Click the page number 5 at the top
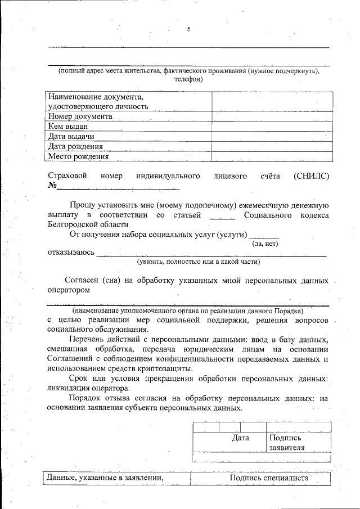click(188, 29)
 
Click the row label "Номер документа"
click(80, 116)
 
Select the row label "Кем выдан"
click(68, 127)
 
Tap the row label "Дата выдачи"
click(71, 137)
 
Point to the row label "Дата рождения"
click(75, 147)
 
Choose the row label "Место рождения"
click(78, 157)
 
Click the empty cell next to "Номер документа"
click(270, 116)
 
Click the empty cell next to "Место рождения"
click(270, 157)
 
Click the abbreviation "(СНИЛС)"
click(311, 176)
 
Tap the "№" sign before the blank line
click(53, 186)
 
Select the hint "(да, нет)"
click(265, 244)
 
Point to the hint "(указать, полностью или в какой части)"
click(199, 262)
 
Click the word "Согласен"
click(82, 280)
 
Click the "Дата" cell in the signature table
click(240, 437)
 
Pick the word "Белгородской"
click(72, 224)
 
